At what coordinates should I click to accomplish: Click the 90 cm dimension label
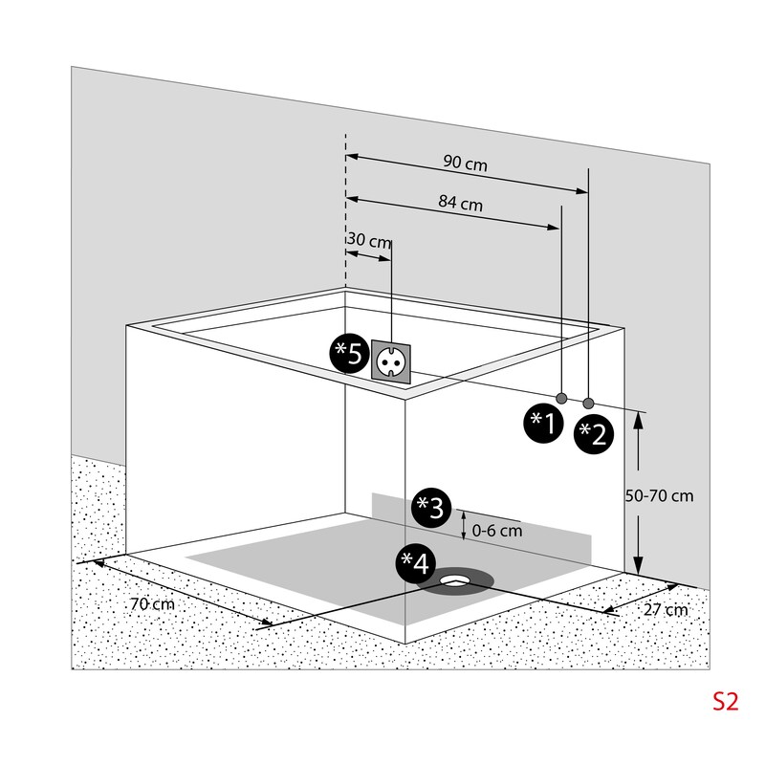(465, 164)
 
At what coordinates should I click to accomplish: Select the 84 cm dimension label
(459, 204)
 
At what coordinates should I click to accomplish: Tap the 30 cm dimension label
(368, 242)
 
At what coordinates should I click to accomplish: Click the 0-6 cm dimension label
(498, 530)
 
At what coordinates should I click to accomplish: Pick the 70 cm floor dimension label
(152, 604)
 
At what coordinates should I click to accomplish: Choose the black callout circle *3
(429, 507)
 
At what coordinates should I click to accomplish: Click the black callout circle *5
(348, 354)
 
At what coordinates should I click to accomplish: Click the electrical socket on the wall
(392, 363)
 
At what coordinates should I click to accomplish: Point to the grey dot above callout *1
(561, 397)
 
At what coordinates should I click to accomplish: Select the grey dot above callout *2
(588, 402)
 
